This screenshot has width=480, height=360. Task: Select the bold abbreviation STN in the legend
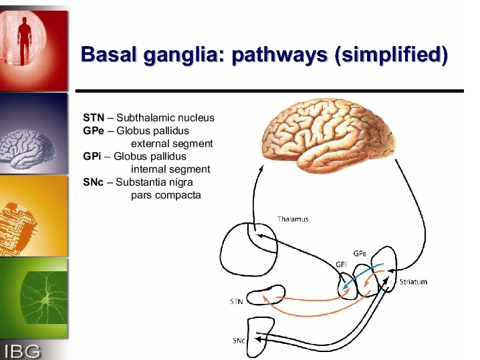[94, 118]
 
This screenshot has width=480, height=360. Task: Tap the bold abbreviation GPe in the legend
[94, 131]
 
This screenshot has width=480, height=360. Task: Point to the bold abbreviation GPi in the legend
[92, 156]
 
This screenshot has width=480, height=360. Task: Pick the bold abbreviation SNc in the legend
[93, 182]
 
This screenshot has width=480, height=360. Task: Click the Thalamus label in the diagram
[293, 219]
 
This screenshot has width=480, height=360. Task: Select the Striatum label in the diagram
[413, 282]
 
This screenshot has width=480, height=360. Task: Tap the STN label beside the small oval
[237, 302]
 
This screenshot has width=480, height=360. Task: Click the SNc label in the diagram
[239, 341]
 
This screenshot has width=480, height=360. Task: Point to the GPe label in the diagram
[360, 254]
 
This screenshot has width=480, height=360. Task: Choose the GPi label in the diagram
[341, 264]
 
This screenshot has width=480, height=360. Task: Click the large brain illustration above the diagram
[328, 134]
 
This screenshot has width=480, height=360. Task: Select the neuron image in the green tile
[44, 298]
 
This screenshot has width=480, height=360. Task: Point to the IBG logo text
[22, 351]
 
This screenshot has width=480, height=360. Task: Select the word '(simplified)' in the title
[391, 55]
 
